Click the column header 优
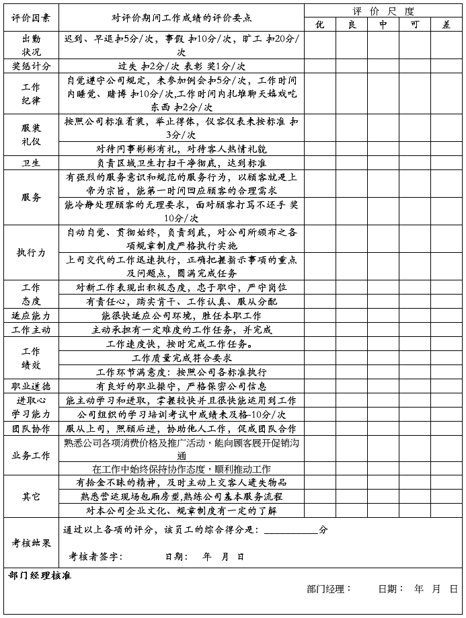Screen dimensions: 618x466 tap(320, 24)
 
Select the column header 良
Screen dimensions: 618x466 tap(352, 24)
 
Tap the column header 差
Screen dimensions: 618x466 tap(446, 24)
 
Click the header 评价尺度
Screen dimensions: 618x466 tap(383, 11)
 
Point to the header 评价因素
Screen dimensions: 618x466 tap(31, 17)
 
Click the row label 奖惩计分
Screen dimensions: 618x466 tap(31, 66)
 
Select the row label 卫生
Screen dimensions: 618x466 tap(31, 163)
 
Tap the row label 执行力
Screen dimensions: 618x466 tap(31, 252)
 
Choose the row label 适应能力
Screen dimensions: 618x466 tap(31, 315)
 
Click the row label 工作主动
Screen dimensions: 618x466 tap(31, 330)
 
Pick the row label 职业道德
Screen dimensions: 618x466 tap(31, 386)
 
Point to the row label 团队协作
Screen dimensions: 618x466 tap(31, 428)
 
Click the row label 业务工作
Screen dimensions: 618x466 tap(31, 455)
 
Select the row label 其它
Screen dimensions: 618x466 tap(31, 496)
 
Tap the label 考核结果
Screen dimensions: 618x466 tap(31, 543)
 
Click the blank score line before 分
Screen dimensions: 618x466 tap(290, 530)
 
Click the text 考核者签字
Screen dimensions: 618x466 tap(95, 557)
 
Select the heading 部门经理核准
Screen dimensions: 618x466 tap(40, 576)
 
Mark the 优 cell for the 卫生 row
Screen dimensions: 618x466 tap(320, 163)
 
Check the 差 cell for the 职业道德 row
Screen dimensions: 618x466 tap(446, 386)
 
